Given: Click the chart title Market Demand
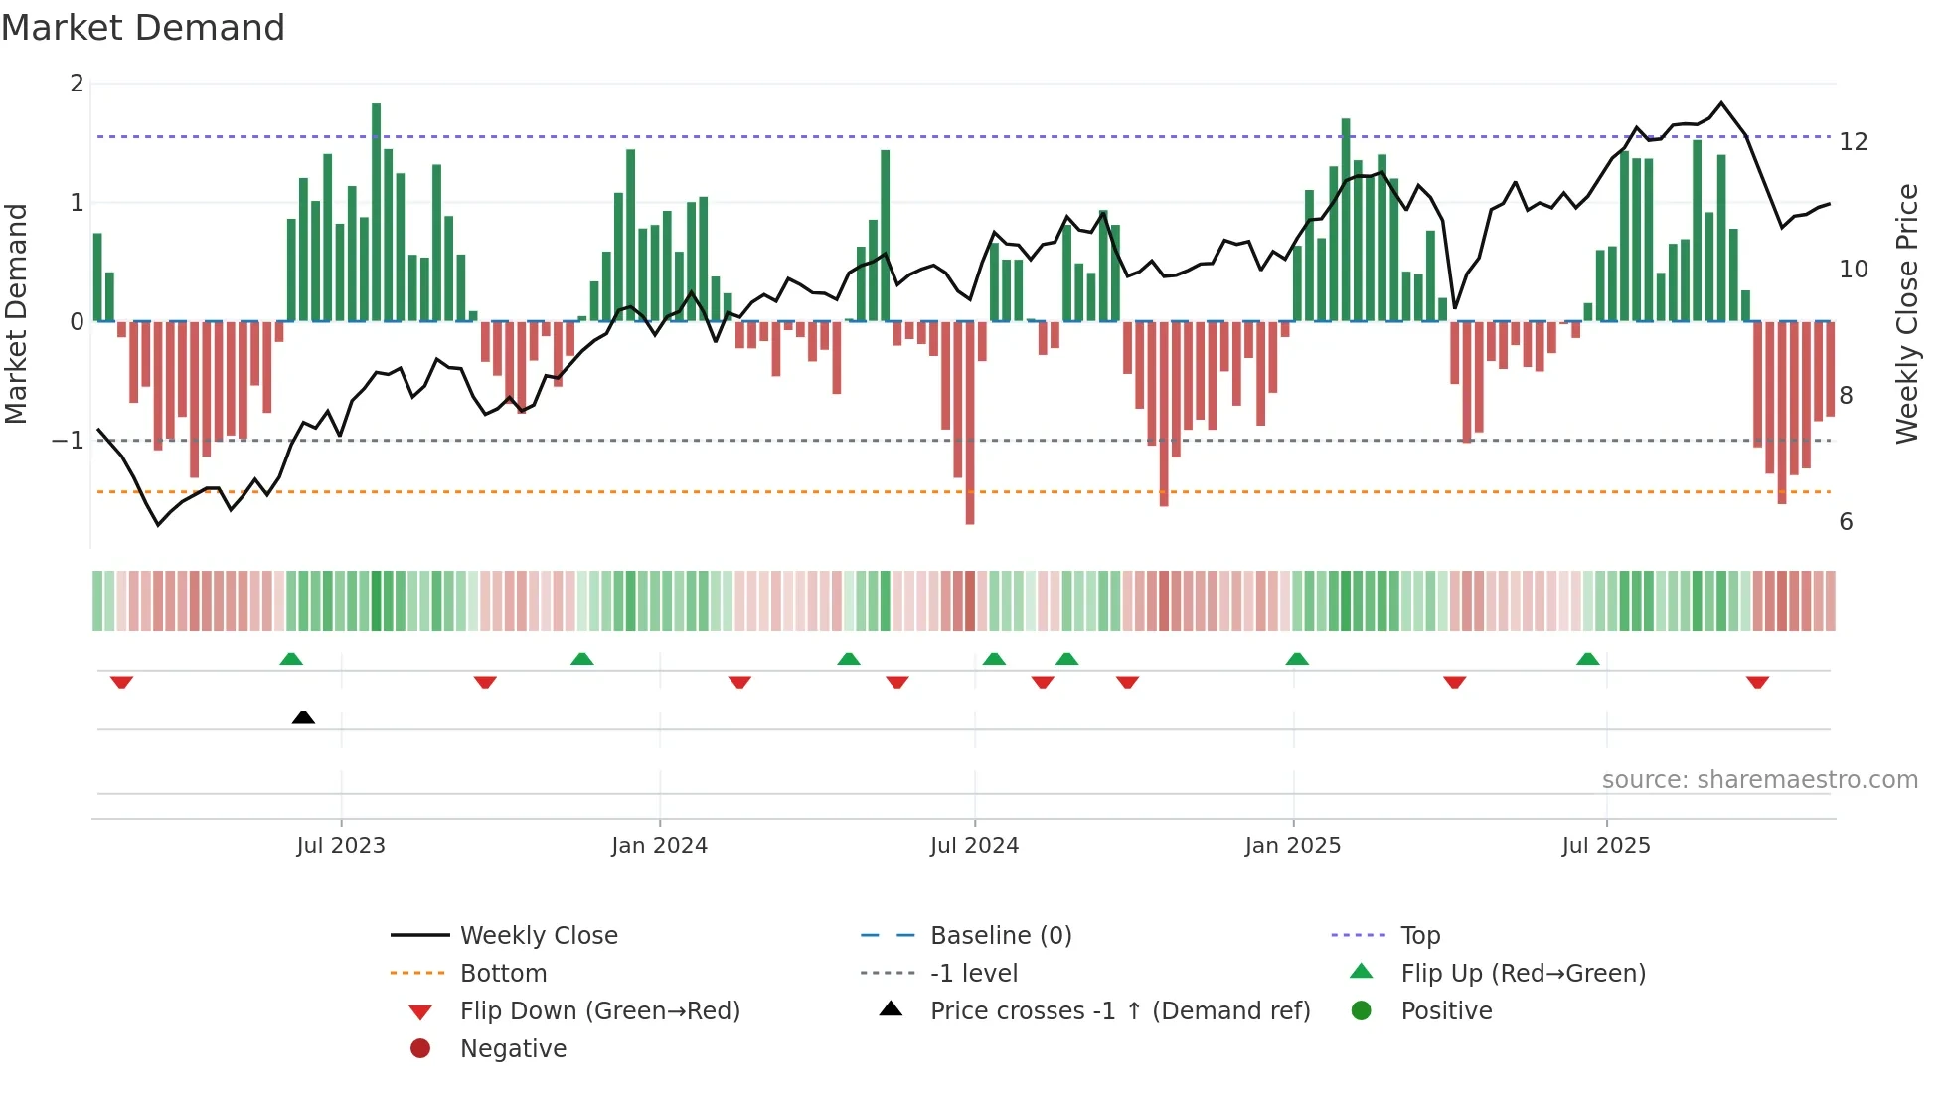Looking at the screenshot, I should pos(143,28).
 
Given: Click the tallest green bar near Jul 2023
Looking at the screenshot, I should pos(376,212).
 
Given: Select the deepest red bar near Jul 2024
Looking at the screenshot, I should pos(969,423).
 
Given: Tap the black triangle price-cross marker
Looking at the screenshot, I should pos(303,717).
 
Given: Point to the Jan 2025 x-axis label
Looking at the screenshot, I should pos(1292,846).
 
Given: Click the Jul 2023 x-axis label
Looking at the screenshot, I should pos(340,846).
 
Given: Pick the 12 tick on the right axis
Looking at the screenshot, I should pos(1853,142).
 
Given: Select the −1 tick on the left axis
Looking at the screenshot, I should pos(68,441).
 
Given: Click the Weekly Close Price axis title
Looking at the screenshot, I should pos(1906,313).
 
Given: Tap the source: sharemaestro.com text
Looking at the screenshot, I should pos(1759,780).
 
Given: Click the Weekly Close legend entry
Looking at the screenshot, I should pos(538,936).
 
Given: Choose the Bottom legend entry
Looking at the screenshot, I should pos(503,974).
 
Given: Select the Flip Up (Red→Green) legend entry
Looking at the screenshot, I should pos(1523,974).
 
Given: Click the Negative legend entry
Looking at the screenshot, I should pos(513,1049).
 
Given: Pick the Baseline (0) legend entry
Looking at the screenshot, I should pos(1000,936).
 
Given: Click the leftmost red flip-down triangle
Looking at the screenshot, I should pos(121,682).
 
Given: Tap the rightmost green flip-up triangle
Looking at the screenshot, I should pos(1587,659).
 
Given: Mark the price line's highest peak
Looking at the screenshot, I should pos(1721,103).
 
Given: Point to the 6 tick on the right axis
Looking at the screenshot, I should pos(1846,522).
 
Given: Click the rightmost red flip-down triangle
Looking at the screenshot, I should pos(1757,682).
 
